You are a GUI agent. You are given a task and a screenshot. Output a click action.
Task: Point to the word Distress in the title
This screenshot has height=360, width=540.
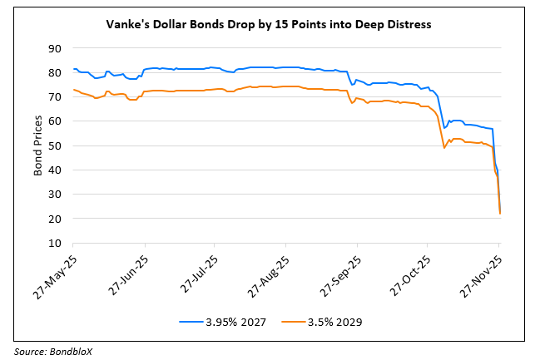click(406, 25)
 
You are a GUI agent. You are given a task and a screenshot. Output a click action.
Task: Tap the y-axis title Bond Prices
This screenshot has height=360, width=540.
click(38, 146)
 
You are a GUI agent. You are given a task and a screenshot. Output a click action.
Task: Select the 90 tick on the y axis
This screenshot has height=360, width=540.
click(56, 48)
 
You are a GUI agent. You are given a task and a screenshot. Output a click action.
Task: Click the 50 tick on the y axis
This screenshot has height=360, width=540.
click(56, 145)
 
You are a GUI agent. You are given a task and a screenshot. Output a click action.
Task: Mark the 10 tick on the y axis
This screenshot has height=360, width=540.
click(56, 243)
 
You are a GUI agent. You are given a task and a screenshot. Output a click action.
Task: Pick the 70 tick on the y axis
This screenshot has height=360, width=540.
click(56, 97)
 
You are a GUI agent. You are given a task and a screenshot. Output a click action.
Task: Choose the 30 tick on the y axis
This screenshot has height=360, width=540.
click(56, 195)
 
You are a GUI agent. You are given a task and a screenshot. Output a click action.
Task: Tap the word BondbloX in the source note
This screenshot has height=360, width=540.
click(75, 351)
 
